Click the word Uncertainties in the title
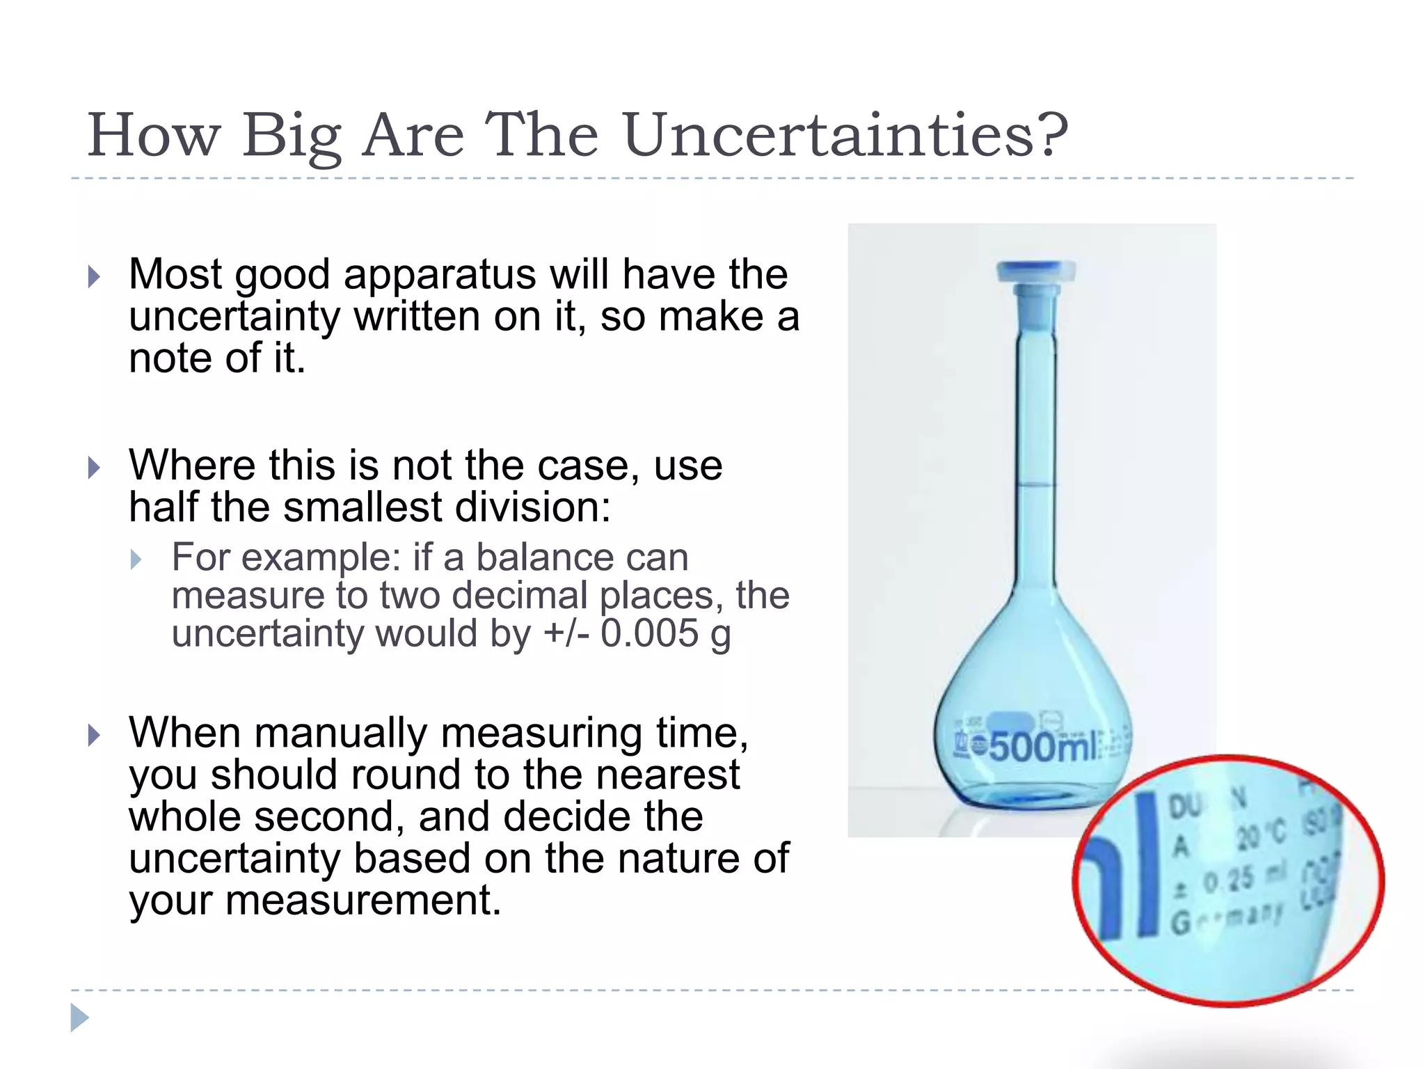pos(831,136)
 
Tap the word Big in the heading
pos(292,137)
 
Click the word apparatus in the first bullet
pos(440,274)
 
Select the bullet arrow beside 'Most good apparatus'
pos(94,277)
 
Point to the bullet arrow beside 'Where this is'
pos(94,468)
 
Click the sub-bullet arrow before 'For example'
pos(136,560)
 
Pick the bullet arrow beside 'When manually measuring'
pos(94,735)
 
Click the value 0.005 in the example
pos(649,633)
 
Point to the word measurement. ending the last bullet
pos(363,900)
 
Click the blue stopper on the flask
pos(1035,271)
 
